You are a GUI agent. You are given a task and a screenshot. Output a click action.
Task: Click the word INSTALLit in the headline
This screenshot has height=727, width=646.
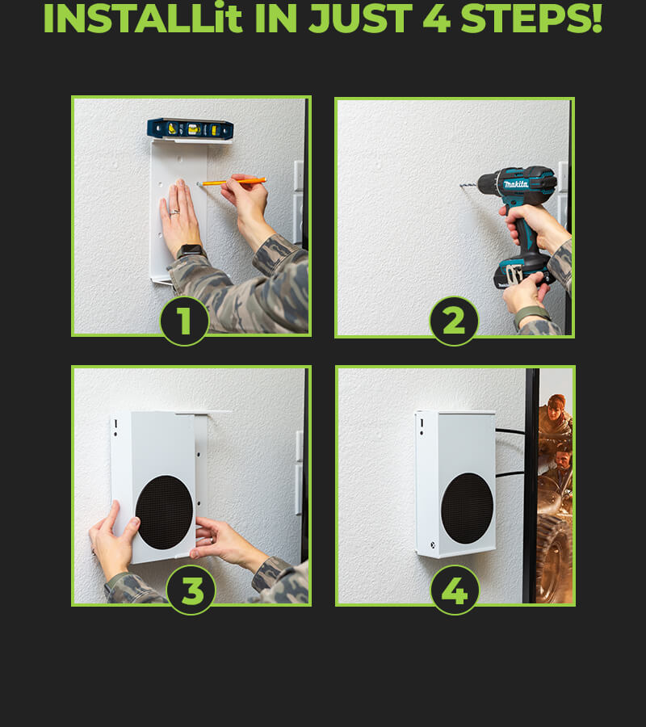click(143, 19)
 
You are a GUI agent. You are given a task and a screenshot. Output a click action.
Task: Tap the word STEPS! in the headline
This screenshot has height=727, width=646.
click(531, 19)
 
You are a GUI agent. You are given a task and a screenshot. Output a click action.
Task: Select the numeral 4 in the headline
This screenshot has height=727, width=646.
click(437, 19)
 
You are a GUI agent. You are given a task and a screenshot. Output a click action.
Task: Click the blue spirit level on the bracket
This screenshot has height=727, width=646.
click(190, 128)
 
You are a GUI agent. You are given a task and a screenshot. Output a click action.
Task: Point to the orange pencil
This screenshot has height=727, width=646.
click(232, 182)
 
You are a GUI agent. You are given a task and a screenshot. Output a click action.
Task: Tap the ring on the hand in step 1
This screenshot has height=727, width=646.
click(174, 212)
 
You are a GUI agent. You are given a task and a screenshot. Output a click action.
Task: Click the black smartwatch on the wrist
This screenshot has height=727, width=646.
click(191, 251)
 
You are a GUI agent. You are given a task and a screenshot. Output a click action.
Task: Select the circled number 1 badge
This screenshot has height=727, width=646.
click(184, 321)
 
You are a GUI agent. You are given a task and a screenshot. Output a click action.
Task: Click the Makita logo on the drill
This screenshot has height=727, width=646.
click(516, 184)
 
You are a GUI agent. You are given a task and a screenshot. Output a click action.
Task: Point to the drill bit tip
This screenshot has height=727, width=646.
click(460, 186)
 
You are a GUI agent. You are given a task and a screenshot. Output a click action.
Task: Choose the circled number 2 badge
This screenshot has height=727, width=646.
click(454, 321)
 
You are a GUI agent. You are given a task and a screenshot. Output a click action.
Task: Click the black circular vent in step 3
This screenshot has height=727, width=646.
click(164, 512)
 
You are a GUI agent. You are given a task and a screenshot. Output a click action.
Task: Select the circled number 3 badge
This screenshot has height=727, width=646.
click(191, 590)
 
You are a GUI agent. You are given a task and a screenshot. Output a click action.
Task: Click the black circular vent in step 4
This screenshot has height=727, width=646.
click(467, 508)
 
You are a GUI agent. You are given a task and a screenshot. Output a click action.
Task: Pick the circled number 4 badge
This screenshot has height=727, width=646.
click(455, 590)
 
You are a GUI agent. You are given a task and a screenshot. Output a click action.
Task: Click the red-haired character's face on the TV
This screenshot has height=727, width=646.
click(556, 409)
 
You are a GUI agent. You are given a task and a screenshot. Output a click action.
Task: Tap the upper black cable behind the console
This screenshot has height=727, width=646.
click(510, 431)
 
